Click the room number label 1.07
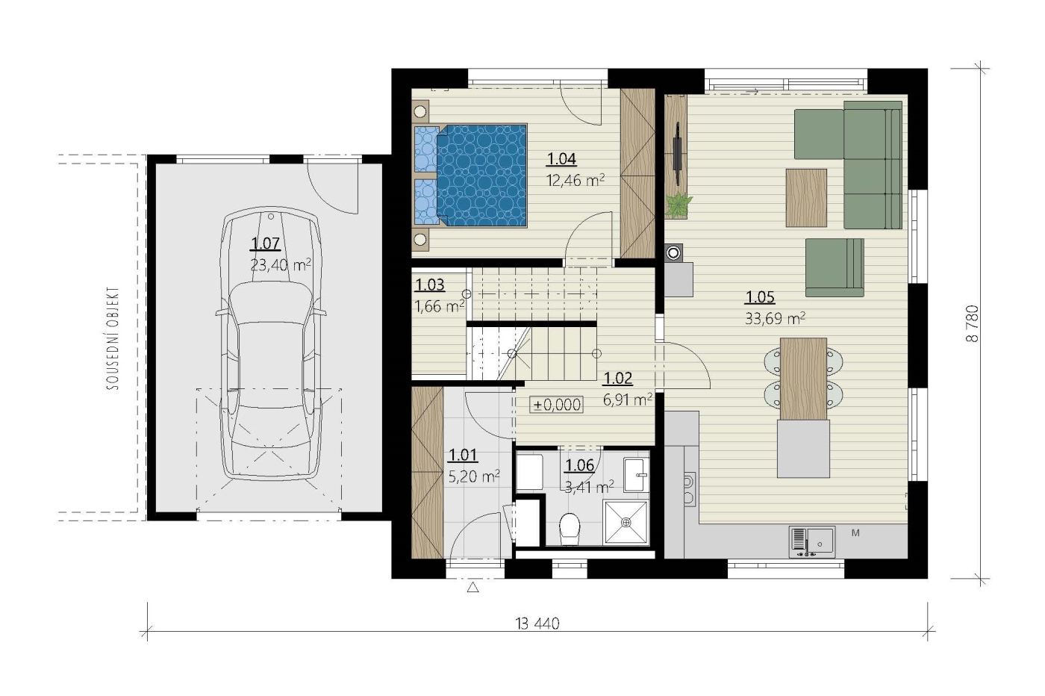tap(265, 243)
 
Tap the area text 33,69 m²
tap(775, 318)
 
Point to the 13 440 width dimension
tap(537, 624)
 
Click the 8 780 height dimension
tap(972, 323)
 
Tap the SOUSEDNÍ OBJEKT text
tap(113, 338)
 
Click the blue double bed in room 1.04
tap(470, 175)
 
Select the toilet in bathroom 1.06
tap(569, 529)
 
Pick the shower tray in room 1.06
tap(626, 522)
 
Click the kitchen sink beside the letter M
tap(812, 542)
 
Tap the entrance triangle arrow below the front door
tap(473, 587)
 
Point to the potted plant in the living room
tap(679, 204)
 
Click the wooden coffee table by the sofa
tap(806, 198)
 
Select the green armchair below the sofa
tap(835, 267)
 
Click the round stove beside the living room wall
tap(673, 253)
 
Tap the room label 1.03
tap(430, 285)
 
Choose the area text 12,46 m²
tap(575, 180)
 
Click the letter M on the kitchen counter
tap(855, 532)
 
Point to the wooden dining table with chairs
tap(803, 379)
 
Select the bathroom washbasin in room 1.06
tap(636, 475)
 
